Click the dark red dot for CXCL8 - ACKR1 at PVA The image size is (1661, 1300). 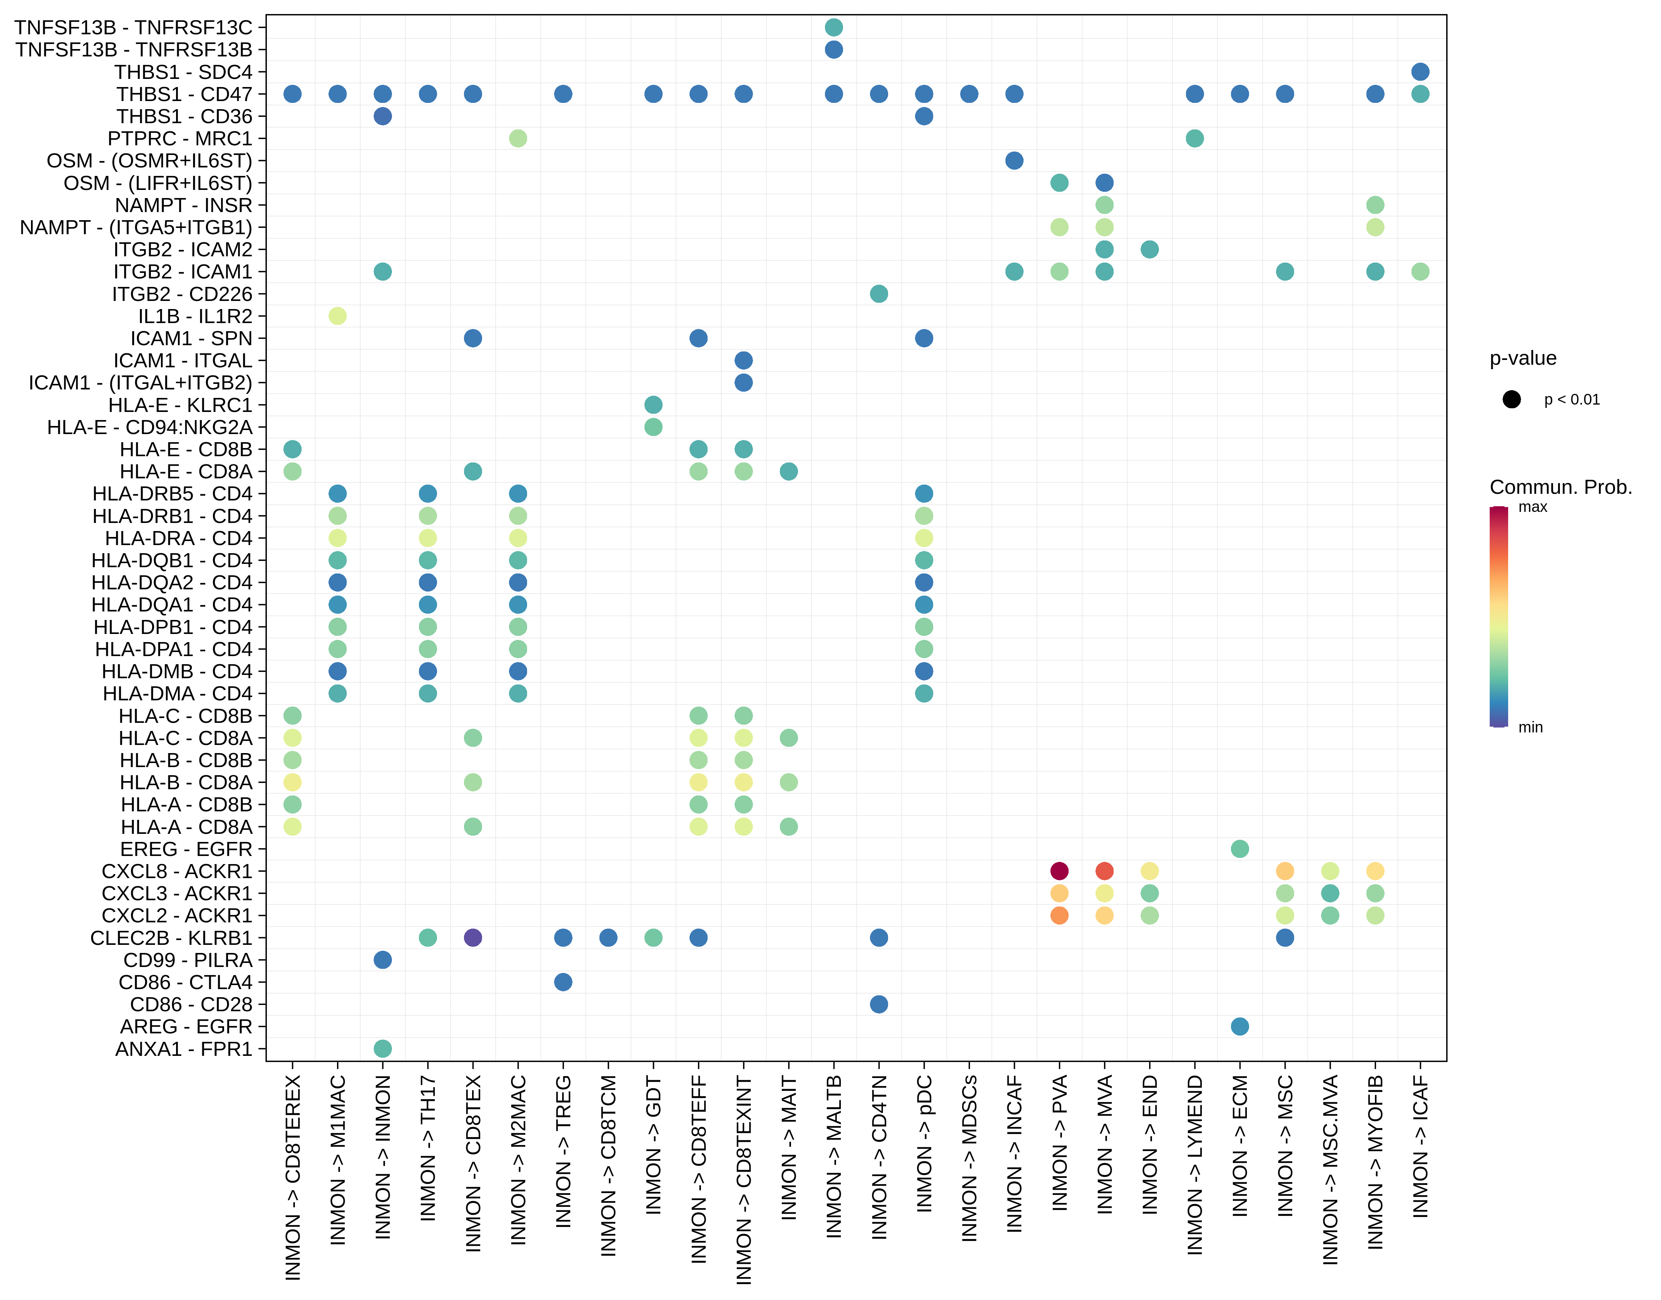coord(1059,871)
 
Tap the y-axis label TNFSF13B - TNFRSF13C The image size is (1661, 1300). coord(133,27)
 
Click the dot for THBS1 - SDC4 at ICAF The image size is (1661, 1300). coord(1420,72)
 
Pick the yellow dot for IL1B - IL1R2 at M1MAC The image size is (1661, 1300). coord(337,316)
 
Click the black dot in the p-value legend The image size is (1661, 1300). coord(1512,400)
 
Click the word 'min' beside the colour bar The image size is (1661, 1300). coord(1530,728)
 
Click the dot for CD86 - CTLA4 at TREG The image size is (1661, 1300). coord(563,982)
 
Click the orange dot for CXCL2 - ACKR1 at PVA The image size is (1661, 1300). coord(1059,916)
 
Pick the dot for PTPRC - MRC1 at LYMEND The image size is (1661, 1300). coord(1194,139)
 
